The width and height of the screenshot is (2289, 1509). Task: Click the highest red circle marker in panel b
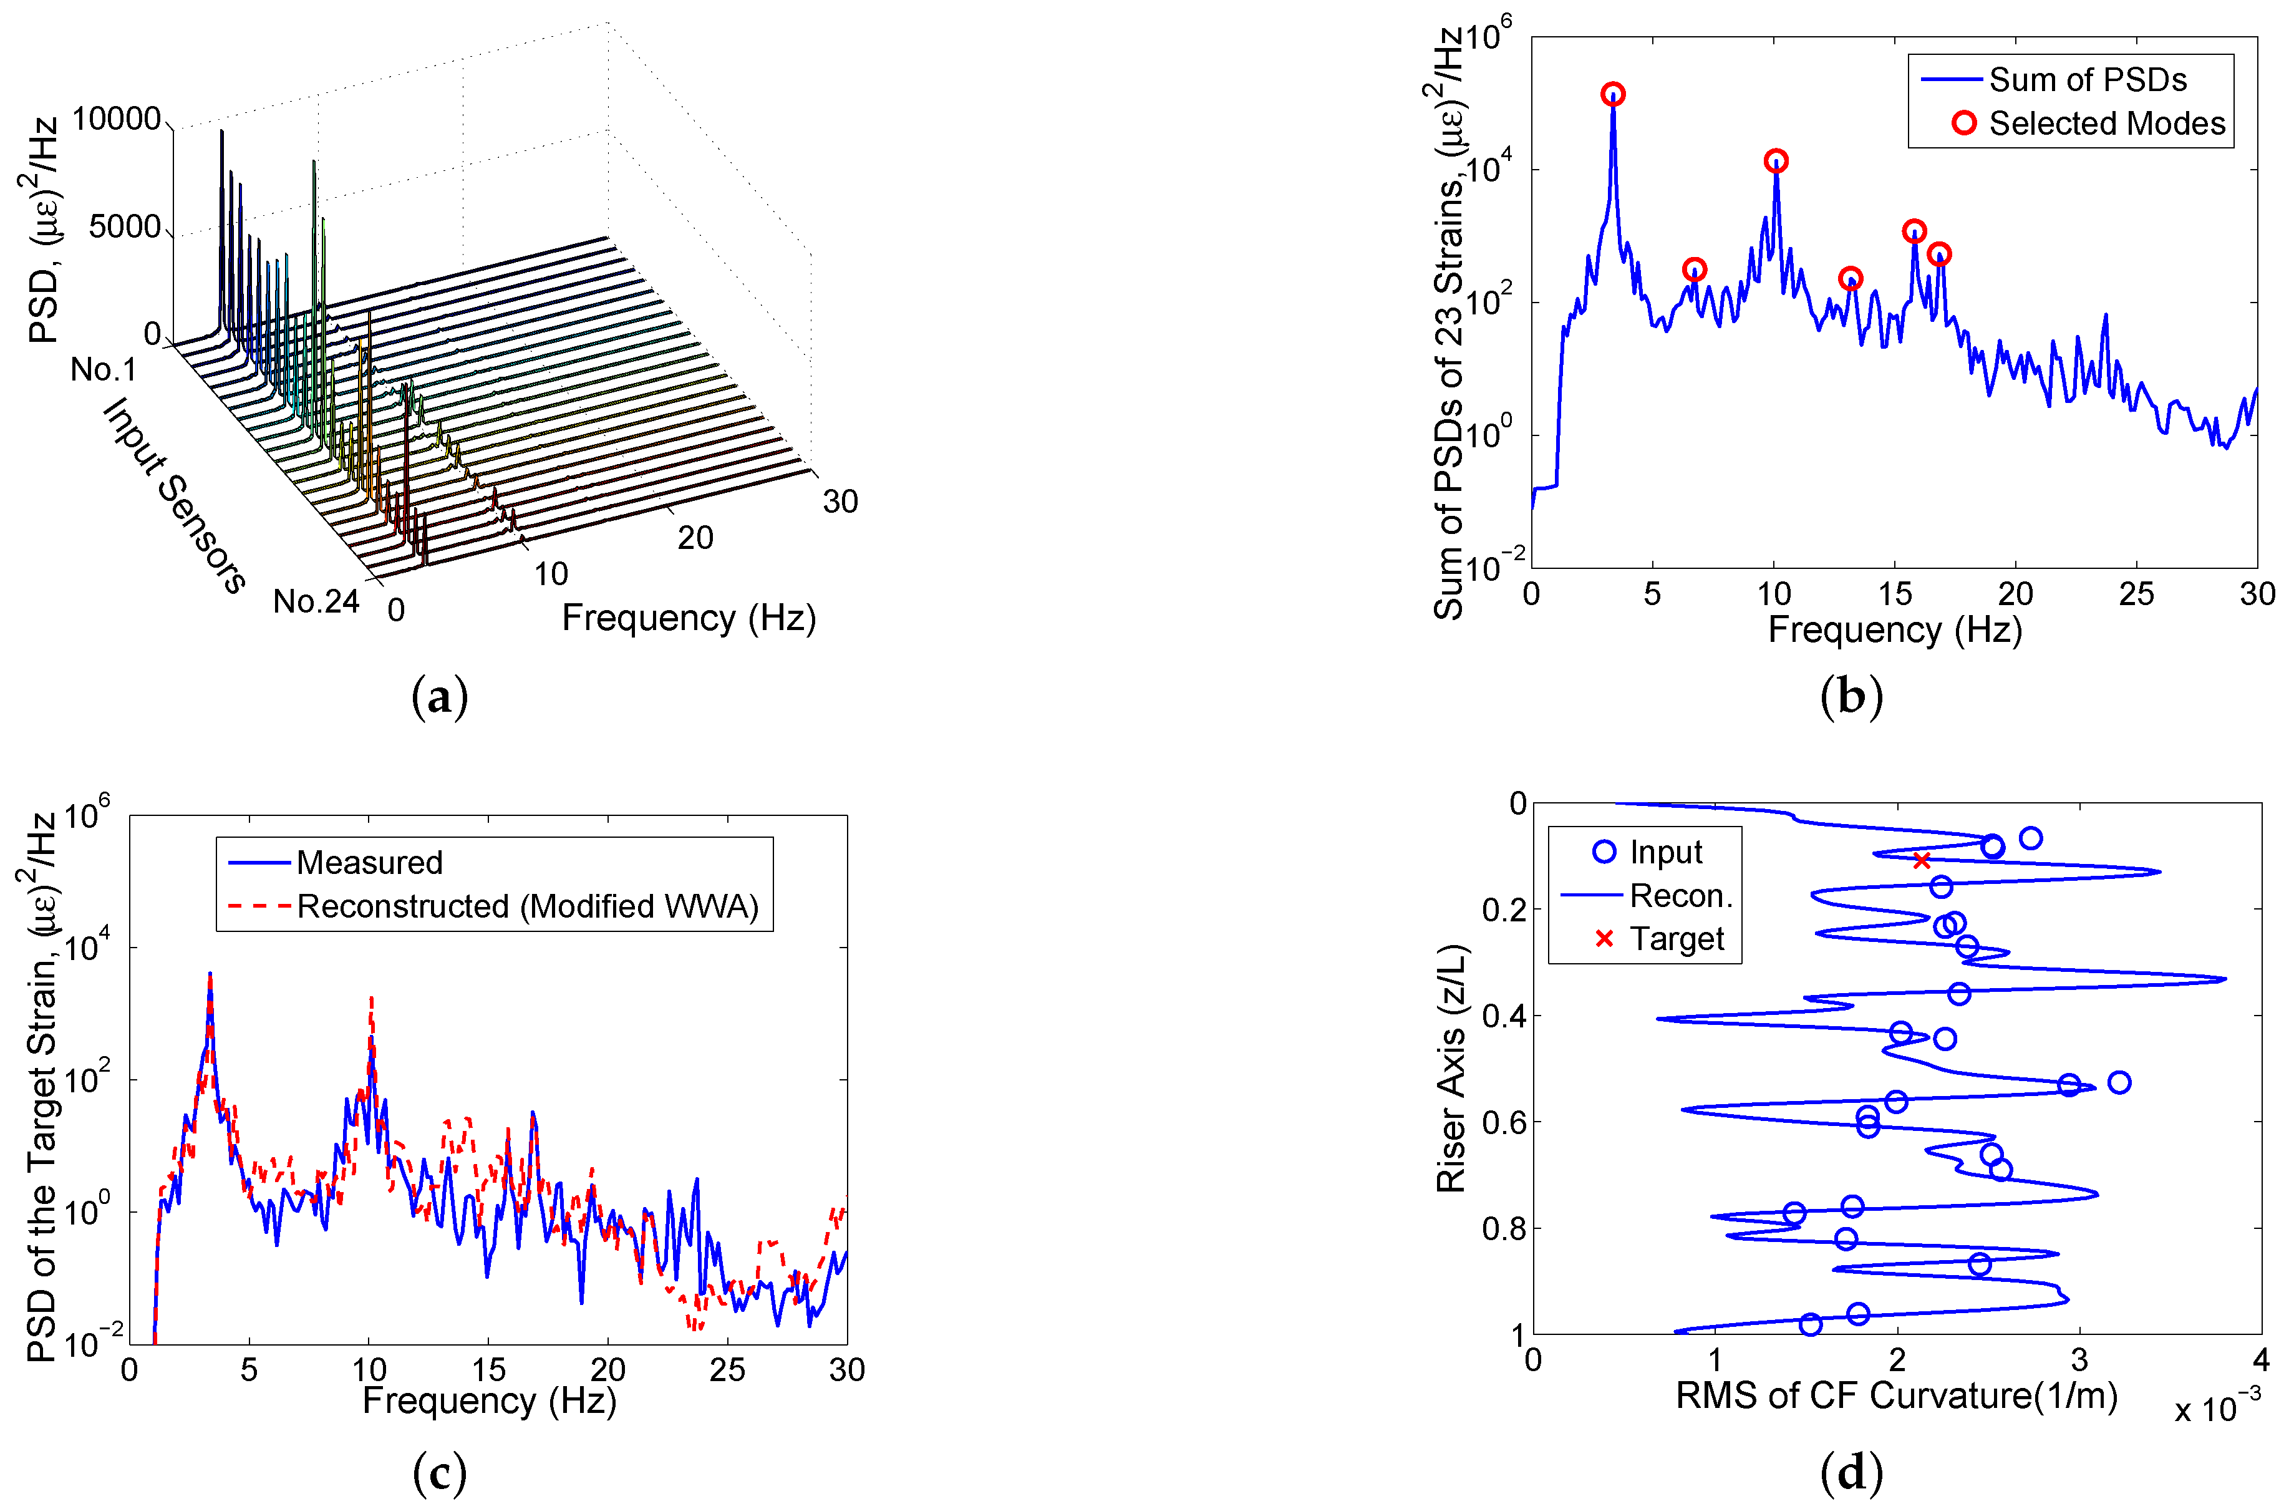point(1613,94)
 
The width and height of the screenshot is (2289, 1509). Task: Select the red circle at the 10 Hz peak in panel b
point(1776,161)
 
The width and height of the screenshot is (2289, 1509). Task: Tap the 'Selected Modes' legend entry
point(2106,123)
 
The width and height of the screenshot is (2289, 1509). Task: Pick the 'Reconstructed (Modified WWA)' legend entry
point(526,906)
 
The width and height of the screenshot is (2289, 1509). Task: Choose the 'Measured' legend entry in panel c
point(369,862)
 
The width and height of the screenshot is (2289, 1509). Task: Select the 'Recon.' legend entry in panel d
point(1680,896)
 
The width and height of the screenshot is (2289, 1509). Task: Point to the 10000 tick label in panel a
point(117,119)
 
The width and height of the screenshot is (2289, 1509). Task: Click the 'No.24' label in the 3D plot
point(316,601)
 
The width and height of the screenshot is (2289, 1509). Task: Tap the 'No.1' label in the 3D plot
point(104,369)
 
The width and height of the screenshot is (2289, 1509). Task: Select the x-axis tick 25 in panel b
point(2136,594)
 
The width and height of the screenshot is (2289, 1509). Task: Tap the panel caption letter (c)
point(440,1472)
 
